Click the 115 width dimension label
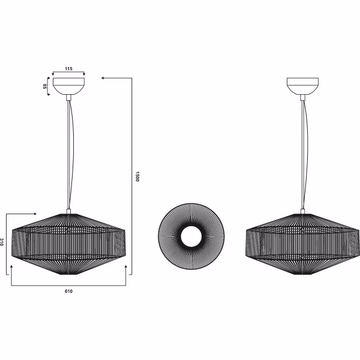tap(68, 70)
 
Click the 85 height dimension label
tap(45, 86)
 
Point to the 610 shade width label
tap(68, 291)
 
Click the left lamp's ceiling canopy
tap(68, 85)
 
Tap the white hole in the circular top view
tap(190, 236)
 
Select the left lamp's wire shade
tap(68, 243)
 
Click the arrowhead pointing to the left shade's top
tap(35, 213)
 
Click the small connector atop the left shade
tap(68, 211)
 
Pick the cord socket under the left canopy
tap(68, 96)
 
